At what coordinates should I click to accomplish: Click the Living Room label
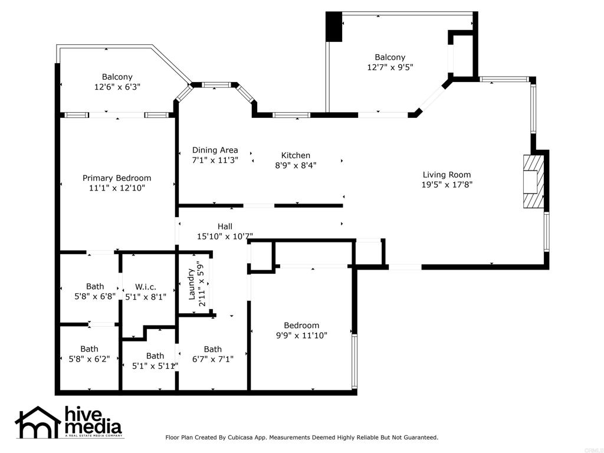pyautogui.click(x=447, y=175)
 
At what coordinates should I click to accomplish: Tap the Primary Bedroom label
pyautogui.click(x=117, y=178)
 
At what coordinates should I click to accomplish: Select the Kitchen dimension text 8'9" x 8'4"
pyautogui.click(x=296, y=165)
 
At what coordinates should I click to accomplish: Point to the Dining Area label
pyautogui.click(x=215, y=150)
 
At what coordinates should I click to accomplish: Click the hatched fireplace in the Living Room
pyautogui.click(x=533, y=182)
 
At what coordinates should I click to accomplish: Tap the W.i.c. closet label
pyautogui.click(x=146, y=287)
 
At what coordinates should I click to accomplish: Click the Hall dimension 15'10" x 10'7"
pyautogui.click(x=225, y=237)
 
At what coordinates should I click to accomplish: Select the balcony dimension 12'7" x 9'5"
pyautogui.click(x=390, y=67)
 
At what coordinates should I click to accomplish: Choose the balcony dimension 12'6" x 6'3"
pyautogui.click(x=117, y=87)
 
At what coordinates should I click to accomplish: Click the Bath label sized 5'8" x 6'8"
pyautogui.click(x=95, y=287)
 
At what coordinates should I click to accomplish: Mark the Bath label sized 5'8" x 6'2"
pyautogui.click(x=89, y=349)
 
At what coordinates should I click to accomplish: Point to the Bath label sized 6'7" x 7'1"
pyautogui.click(x=212, y=349)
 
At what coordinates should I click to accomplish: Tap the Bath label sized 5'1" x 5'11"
pyautogui.click(x=155, y=356)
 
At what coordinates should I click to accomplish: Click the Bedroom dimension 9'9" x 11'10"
pyautogui.click(x=301, y=336)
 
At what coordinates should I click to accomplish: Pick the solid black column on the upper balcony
pyautogui.click(x=334, y=27)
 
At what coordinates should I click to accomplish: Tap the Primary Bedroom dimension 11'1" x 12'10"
pyautogui.click(x=117, y=188)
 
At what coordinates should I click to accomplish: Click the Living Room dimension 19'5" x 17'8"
pyautogui.click(x=447, y=185)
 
